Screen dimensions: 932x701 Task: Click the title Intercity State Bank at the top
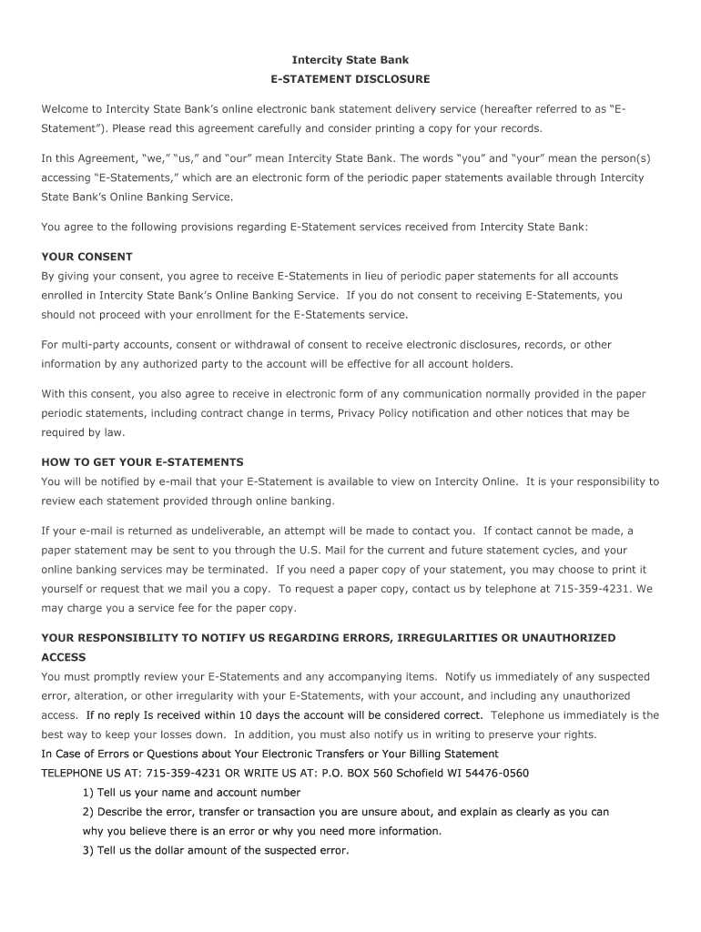350,60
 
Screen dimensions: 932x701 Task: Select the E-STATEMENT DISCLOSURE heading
350,80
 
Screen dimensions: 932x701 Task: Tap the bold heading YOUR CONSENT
86,257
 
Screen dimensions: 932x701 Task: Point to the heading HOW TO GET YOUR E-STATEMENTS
142,462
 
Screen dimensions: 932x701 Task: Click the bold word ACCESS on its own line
64,657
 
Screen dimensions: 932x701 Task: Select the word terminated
235,570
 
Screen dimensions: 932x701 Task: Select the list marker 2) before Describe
88,812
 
